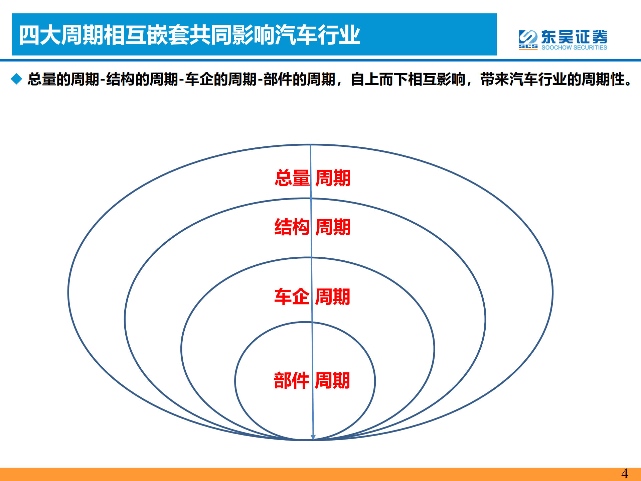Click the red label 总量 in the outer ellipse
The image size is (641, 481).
pos(292,178)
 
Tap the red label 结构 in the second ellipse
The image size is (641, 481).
pos(292,227)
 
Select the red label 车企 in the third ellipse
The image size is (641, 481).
pos(291,296)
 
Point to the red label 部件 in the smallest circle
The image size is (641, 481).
pos(291,380)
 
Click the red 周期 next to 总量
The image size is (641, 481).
pos(333,178)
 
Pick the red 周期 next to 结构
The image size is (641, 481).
pos(333,227)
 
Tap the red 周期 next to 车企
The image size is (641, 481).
pos(332,296)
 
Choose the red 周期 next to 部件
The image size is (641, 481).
pos(332,380)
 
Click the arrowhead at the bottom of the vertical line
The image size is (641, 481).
pos(313,437)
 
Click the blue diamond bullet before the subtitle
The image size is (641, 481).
pos(16,79)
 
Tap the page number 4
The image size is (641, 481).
pos(624,474)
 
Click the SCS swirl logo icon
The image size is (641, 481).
pos(528,38)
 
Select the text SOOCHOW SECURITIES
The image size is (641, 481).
pos(574,48)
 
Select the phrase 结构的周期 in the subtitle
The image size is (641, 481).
pos(142,80)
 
